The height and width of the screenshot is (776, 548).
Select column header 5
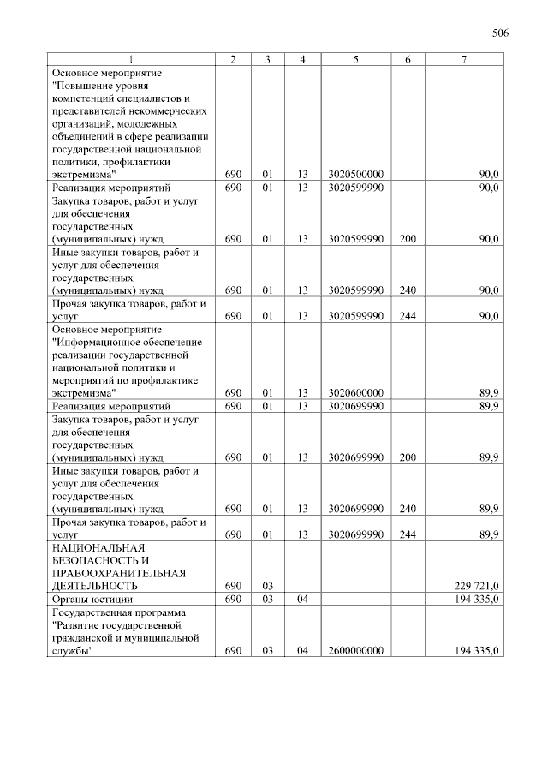[354, 59]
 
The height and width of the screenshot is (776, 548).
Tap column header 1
[131, 59]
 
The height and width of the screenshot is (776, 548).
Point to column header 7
[463, 59]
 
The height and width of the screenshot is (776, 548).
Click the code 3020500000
[354, 175]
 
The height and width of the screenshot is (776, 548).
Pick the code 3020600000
[354, 392]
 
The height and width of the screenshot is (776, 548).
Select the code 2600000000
[354, 651]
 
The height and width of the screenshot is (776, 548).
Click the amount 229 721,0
[476, 586]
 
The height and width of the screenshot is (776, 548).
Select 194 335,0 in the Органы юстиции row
[476, 600]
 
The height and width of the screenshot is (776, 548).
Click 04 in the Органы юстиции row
[302, 600]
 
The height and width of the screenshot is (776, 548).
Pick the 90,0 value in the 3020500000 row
[489, 175]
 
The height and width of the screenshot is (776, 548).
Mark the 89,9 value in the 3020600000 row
[489, 392]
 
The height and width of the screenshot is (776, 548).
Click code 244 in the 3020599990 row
[408, 316]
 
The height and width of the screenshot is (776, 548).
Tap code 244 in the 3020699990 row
[408, 534]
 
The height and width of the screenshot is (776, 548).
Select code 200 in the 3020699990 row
[408, 457]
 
